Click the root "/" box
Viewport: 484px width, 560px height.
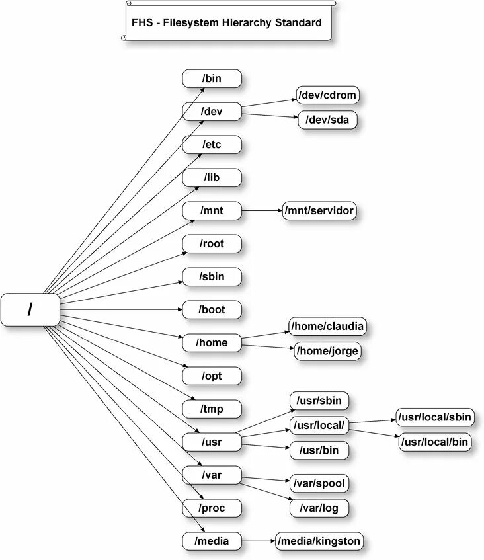[x=30, y=310]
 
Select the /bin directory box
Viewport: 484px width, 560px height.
[x=212, y=79]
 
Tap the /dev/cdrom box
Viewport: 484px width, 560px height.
[x=327, y=95]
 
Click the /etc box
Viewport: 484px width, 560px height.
[x=212, y=145]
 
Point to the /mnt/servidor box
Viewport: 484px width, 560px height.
[x=320, y=211]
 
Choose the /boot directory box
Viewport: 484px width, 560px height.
[x=212, y=309]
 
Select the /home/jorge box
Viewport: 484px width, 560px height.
[x=327, y=351]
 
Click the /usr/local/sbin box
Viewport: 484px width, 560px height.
[x=434, y=417]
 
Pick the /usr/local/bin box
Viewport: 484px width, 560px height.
[x=434, y=441]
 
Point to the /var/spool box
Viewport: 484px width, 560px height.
[x=319, y=483]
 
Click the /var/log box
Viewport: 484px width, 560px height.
[x=319, y=508]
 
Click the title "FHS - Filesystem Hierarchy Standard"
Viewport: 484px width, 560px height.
[x=227, y=23]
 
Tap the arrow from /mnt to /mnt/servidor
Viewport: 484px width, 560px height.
[x=262, y=211]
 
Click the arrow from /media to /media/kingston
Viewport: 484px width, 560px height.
[x=259, y=541]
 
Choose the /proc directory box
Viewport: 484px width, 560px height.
[x=212, y=508]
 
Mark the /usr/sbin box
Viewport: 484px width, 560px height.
[x=319, y=401]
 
